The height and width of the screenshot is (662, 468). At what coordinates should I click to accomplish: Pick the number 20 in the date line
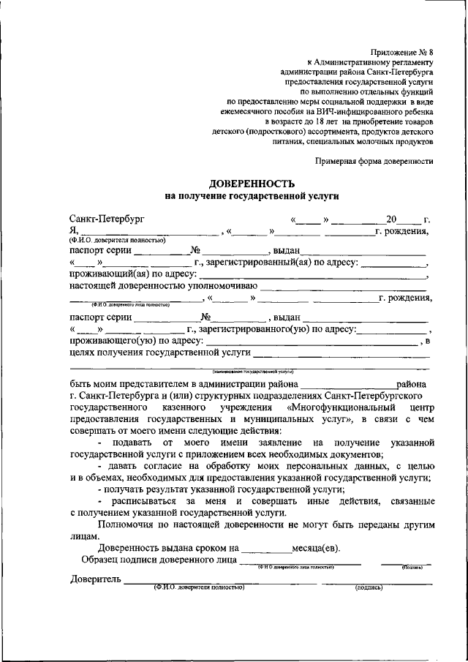[x=393, y=219]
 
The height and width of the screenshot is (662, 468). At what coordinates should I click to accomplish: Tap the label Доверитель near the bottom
[x=94, y=580]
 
